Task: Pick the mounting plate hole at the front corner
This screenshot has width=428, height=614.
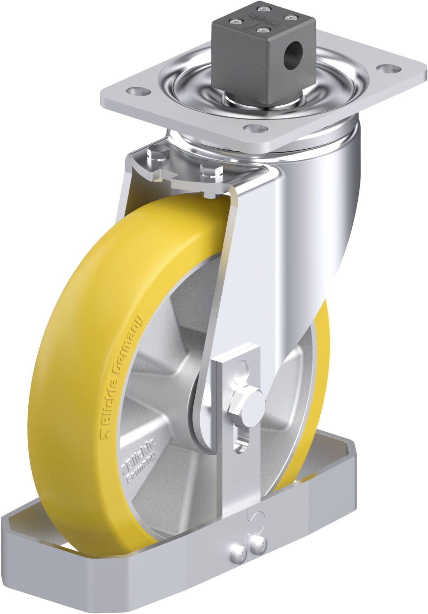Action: pyautogui.click(x=254, y=128)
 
